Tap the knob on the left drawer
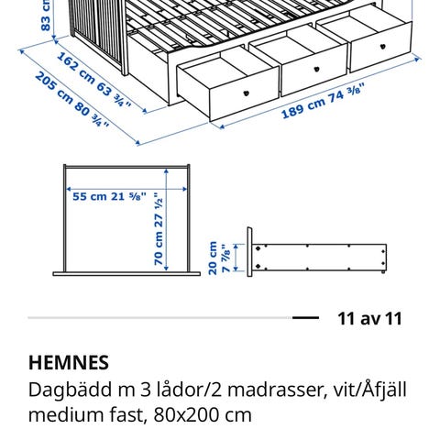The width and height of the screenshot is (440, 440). point(247,93)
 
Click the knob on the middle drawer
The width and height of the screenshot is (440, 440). point(317,69)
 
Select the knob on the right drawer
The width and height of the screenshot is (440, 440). point(382,47)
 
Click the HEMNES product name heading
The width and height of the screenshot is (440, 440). point(69,363)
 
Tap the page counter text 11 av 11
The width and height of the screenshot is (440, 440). point(369,319)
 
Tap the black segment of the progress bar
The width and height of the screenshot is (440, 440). point(305,318)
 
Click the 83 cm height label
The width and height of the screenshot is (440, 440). point(46,16)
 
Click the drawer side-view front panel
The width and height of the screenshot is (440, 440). point(249,252)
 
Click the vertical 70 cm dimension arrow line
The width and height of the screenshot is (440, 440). point(166,219)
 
